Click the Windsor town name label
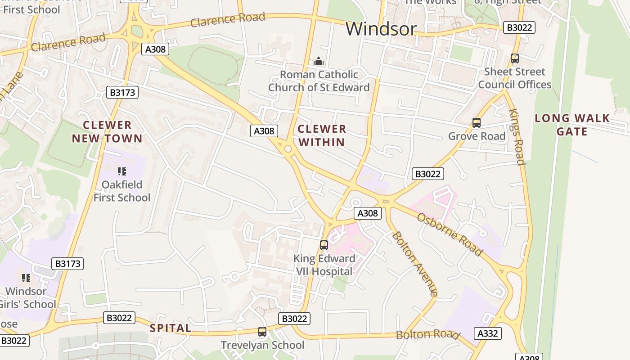tap(381, 29)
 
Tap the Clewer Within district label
tap(322, 135)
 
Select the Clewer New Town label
tap(107, 132)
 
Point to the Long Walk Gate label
tap(572, 125)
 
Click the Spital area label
tap(171, 328)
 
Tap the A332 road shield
tap(487, 333)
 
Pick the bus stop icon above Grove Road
tap(476, 122)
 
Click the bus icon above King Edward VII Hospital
tap(324, 245)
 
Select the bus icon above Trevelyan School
tap(262, 332)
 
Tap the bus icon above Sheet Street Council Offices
tap(514, 58)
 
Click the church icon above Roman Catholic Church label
tap(319, 61)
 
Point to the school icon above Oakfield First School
tap(121, 171)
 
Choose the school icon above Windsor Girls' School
tap(26, 278)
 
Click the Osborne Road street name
tap(450, 234)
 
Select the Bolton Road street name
tap(427, 335)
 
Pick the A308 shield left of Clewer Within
tap(264, 131)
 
